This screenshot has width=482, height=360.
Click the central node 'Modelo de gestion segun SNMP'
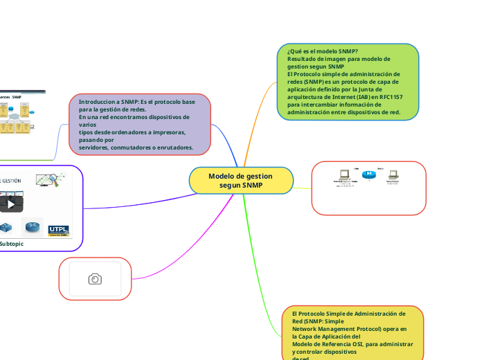click(240, 181)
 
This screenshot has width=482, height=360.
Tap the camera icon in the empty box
click(95, 278)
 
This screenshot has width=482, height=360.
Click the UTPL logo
click(58, 230)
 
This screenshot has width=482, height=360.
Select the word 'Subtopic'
click(12, 244)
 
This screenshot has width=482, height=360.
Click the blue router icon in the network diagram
click(369, 174)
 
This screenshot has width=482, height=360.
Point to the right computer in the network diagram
click(392, 175)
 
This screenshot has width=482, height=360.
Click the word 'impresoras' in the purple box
click(168, 132)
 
